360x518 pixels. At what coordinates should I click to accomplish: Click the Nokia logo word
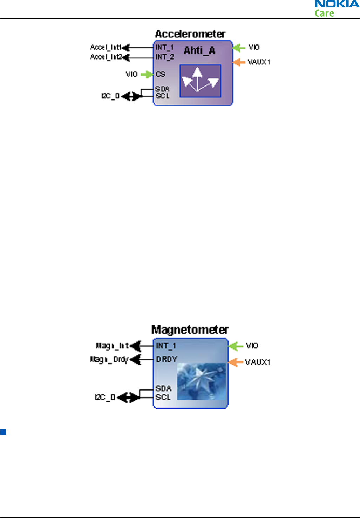pos(337,4)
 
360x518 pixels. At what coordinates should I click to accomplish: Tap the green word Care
pos(324,13)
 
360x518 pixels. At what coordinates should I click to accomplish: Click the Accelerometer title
pos(190,34)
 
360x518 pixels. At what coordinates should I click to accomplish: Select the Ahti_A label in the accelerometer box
pos(199,51)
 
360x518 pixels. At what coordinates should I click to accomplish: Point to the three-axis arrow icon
pos(200,81)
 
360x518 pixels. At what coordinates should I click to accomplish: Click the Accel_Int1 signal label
pos(106,47)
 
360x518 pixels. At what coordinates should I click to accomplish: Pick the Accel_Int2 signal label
pos(106,57)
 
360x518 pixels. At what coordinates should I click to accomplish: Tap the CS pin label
pos(161,74)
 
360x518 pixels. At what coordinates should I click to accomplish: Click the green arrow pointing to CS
pos(147,74)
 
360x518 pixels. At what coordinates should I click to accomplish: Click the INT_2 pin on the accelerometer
pos(165,57)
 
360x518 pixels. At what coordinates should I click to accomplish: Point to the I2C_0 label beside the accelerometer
pos(110,96)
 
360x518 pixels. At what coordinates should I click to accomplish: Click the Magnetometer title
pos(190,330)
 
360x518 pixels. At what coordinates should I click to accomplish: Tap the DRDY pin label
pos(167,359)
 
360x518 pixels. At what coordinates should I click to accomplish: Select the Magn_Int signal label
pos(112,346)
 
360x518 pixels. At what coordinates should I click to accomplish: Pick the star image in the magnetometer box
pos(201,381)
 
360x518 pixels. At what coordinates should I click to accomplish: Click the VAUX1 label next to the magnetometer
pos(258,362)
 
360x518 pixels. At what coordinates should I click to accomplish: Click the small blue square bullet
pos(3,432)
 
